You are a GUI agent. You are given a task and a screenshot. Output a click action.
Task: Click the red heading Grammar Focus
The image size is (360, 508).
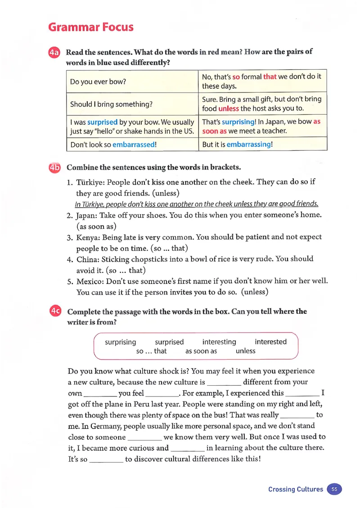(x=91, y=27)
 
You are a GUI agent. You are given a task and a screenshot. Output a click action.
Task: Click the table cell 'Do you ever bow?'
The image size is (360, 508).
(x=98, y=82)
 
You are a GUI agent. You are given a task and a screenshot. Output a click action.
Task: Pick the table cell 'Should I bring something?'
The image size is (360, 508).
(x=111, y=104)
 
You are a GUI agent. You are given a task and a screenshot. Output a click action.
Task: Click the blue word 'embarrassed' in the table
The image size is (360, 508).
(x=134, y=144)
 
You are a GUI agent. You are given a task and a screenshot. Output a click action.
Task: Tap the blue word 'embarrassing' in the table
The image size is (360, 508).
(x=249, y=144)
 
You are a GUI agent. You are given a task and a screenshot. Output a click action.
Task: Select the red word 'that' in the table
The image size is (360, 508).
(x=270, y=77)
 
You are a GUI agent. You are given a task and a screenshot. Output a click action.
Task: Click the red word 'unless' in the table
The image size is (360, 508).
(x=229, y=108)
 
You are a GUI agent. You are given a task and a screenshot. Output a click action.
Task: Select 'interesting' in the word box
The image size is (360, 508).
(x=219, y=342)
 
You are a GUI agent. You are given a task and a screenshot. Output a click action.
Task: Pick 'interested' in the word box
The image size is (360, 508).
(x=270, y=342)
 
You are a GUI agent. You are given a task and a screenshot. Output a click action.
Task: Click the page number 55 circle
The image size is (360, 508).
(x=334, y=489)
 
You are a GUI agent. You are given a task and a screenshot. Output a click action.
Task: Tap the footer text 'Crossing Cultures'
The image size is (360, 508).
(x=295, y=489)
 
